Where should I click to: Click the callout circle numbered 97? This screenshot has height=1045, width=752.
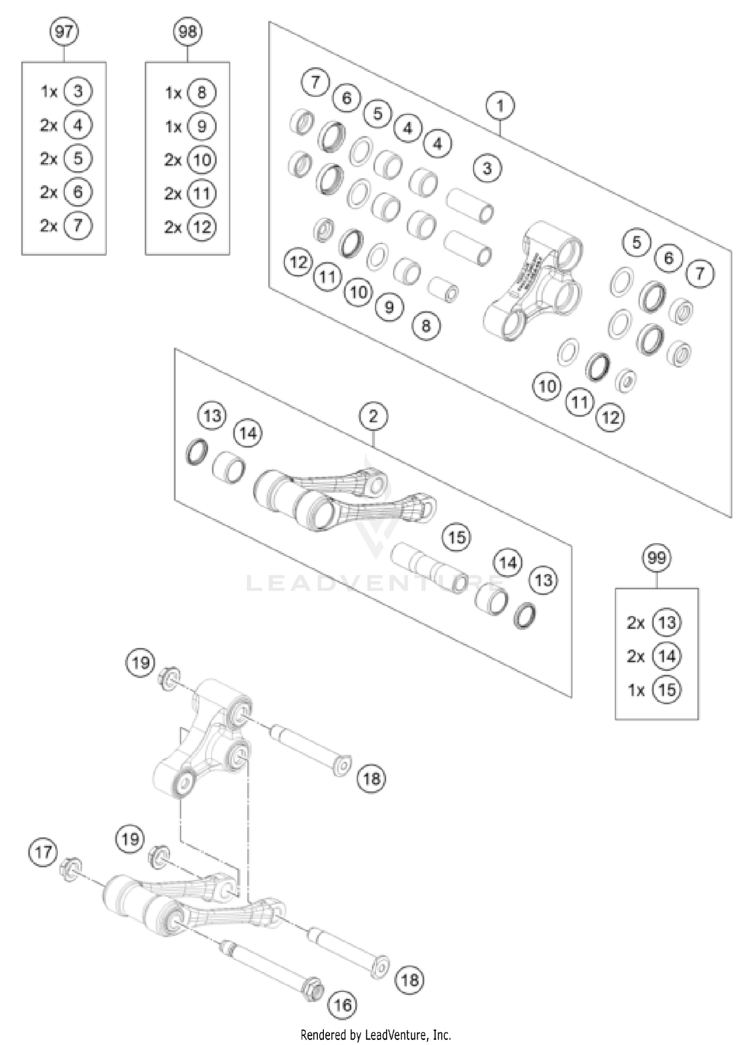pos(64,32)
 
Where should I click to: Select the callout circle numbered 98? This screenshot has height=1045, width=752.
pos(187,32)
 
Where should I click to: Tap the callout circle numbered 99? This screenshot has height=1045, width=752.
pos(656,558)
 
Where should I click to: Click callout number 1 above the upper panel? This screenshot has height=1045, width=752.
pos(500,106)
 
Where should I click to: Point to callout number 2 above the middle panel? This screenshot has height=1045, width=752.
pos(373,416)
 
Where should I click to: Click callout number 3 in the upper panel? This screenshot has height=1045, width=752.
pos(487,169)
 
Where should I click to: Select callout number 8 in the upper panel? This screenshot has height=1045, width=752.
pos(426,326)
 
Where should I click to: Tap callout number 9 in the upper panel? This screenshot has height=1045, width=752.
pos(389,307)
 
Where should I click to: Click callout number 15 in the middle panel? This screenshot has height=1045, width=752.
pos(457,538)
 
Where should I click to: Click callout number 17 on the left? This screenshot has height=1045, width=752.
pos(43,852)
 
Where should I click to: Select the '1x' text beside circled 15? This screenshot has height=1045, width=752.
pos(636,690)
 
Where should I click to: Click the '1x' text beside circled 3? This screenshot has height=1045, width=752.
pos(49,92)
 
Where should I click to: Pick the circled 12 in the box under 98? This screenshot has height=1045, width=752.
pos(202,227)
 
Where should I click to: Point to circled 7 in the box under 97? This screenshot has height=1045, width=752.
pos(78,226)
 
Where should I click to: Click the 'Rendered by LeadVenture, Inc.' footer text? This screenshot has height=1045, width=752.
pos(375,1034)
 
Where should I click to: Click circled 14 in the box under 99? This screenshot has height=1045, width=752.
pos(667,656)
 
